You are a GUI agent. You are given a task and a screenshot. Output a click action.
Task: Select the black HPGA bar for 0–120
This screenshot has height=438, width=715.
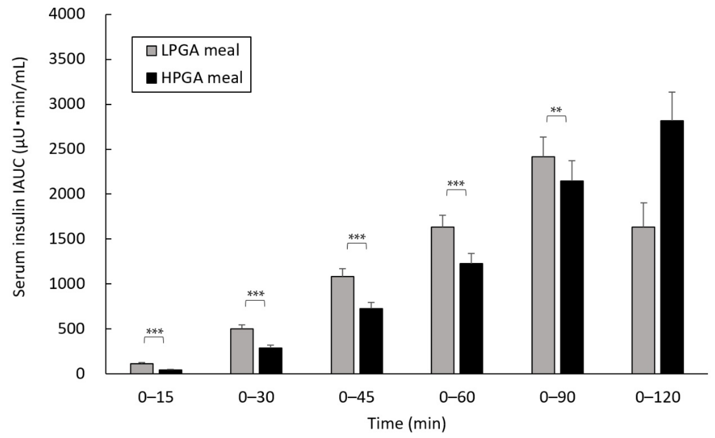click(672, 247)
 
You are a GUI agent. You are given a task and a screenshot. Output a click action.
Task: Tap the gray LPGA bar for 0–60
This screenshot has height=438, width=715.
click(442, 300)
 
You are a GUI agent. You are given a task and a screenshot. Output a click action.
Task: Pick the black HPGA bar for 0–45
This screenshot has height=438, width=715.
click(371, 341)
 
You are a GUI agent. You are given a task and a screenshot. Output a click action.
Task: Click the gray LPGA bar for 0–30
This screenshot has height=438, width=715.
click(242, 351)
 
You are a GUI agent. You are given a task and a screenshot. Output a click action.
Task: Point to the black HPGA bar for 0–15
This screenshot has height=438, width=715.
click(170, 371)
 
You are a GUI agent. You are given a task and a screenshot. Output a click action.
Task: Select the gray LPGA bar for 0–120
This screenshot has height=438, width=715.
click(643, 300)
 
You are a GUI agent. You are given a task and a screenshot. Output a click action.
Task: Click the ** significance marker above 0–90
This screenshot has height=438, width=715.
click(556, 110)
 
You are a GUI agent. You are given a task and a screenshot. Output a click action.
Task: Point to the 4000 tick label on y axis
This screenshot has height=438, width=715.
click(67, 14)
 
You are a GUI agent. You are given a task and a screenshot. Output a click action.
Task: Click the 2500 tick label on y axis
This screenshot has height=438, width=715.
click(67, 149)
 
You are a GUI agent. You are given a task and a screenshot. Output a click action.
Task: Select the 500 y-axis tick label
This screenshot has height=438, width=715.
click(71, 329)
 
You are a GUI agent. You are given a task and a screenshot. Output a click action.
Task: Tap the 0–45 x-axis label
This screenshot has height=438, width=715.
click(356, 397)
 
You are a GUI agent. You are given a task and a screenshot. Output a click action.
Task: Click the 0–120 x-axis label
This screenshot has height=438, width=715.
click(657, 397)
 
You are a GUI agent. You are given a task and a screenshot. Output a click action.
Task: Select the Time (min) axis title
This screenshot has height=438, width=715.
click(406, 423)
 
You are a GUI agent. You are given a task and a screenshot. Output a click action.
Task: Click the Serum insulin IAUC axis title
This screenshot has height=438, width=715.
click(20, 177)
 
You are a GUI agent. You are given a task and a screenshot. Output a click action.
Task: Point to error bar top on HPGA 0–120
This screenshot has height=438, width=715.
click(672, 92)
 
